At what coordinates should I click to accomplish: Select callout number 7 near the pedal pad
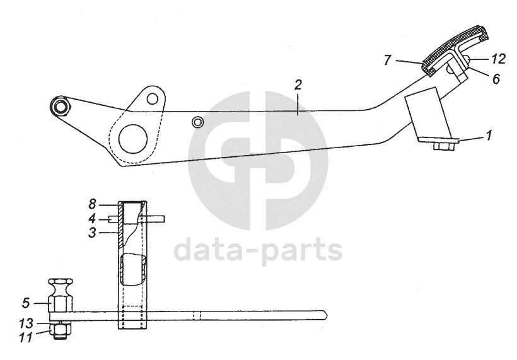388,61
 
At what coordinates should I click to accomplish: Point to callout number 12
498,59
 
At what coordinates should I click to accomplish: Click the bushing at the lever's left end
60,105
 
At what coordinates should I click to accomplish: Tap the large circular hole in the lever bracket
133,137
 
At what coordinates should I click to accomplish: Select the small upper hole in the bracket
152,98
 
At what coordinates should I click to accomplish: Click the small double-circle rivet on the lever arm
198,120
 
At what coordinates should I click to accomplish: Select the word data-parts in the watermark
258,250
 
